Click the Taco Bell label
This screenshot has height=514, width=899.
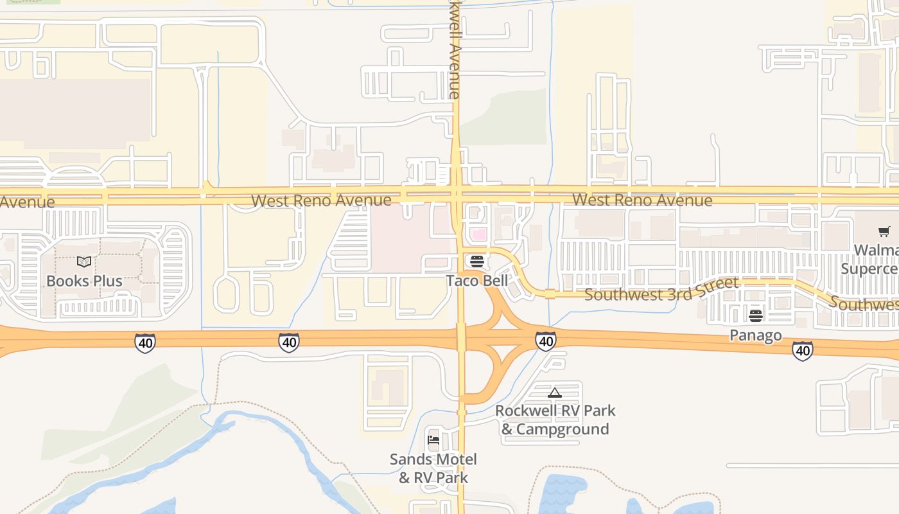[476, 281]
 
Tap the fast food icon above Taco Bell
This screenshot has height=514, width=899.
[476, 261]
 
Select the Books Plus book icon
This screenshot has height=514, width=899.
[84, 262]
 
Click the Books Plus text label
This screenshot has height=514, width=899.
[84, 281]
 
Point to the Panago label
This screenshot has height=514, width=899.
[755, 335]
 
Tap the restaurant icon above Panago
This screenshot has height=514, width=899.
[755, 316]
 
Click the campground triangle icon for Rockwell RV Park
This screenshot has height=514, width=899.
[555, 393]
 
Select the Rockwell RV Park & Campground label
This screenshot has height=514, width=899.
[555, 420]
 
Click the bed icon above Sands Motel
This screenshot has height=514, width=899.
[433, 441]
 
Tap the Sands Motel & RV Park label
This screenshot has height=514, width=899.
[433, 468]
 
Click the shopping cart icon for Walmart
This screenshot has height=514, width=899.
[884, 232]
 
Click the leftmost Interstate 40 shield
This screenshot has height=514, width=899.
[145, 343]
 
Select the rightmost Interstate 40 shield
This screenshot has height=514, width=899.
[802, 351]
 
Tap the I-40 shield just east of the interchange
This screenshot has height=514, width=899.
[545, 341]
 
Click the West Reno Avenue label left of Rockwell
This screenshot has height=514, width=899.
[321, 200]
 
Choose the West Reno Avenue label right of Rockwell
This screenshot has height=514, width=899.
[642, 200]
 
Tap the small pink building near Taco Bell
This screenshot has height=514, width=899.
[479, 235]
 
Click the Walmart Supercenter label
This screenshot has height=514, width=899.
[877, 259]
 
